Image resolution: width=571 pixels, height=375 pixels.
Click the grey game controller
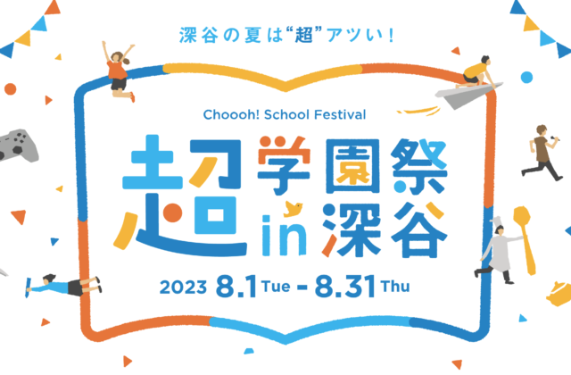(18, 146)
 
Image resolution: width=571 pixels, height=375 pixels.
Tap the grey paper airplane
(466, 95)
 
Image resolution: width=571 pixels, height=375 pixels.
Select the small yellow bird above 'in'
(294, 208)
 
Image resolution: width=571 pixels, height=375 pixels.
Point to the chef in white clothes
(498, 252)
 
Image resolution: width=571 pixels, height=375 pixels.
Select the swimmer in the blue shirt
(63, 286)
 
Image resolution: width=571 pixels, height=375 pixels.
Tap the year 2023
(183, 287)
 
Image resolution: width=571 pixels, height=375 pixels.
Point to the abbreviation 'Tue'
(276, 286)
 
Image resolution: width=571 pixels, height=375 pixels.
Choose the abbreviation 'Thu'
(395, 286)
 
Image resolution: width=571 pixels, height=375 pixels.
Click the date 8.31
(345, 287)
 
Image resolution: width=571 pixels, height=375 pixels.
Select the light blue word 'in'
(284, 236)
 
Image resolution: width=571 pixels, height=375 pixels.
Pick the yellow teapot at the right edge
(559, 294)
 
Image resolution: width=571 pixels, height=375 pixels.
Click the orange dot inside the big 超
(172, 212)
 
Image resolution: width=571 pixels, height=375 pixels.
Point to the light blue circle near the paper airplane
(526, 78)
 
